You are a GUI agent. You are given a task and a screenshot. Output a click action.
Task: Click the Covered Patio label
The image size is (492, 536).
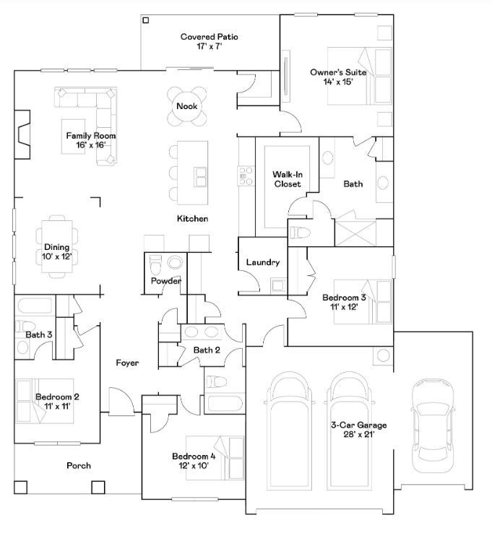point(209,36)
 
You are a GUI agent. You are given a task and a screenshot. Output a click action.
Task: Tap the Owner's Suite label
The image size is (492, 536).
point(337,72)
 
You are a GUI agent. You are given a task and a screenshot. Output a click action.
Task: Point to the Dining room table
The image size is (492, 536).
point(57,246)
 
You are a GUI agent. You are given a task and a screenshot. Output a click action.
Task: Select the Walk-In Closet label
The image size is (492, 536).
point(287,179)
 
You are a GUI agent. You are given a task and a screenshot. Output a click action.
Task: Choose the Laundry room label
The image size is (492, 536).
point(262,262)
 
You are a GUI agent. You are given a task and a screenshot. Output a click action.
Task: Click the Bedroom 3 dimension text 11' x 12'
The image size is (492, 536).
point(344,306)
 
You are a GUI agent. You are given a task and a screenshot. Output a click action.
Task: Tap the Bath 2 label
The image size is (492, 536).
point(207,350)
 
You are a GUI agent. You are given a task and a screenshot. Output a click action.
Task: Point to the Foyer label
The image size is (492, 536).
point(127,363)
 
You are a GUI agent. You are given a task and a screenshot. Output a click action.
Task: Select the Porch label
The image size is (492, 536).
point(79,466)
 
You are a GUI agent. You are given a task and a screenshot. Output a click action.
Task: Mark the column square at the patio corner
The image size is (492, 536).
point(146,21)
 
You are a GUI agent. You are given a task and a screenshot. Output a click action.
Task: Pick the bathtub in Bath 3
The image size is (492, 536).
point(33,304)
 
